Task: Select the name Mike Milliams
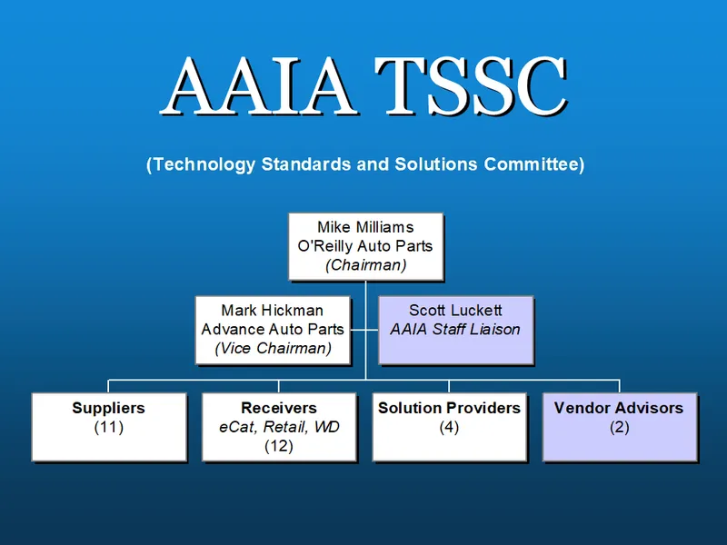[365, 227]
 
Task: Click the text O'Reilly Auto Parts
[365, 246]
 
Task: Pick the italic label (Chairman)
[365, 265]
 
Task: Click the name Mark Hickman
[273, 311]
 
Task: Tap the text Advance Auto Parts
[273, 329]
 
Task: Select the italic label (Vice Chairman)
[273, 348]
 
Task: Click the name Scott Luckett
[455, 311]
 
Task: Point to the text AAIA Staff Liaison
[455, 329]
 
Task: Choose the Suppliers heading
[108, 408]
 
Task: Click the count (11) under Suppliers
[108, 427]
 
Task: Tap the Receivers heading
[279, 408]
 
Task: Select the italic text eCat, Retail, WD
[279, 427]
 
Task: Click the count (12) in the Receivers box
[279, 446]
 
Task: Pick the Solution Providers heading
[449, 408]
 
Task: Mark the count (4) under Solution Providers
[449, 427]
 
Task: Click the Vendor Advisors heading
[619, 408]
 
